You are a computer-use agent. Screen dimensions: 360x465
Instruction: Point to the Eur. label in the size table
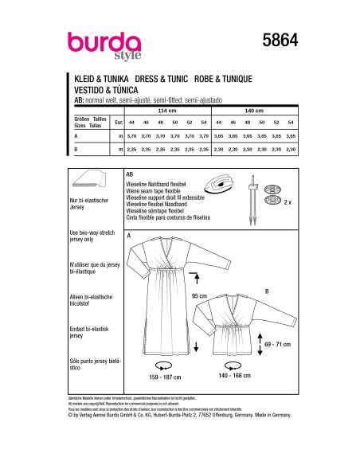tap(119, 123)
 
